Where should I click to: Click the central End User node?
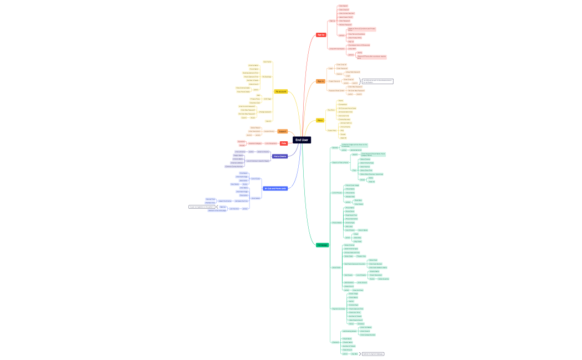(x=302, y=140)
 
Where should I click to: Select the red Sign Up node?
(x=321, y=35)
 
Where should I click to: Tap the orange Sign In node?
(x=321, y=81)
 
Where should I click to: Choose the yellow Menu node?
(x=320, y=120)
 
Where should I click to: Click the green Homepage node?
(x=322, y=245)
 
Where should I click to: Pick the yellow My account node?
(x=281, y=91)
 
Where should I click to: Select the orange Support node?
(x=282, y=131)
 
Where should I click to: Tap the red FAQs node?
(x=283, y=143)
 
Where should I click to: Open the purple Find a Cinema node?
(x=280, y=156)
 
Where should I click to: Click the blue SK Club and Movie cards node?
(x=274, y=188)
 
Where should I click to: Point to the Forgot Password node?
(x=334, y=81)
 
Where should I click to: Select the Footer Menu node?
(x=332, y=130)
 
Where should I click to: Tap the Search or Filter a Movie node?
(x=340, y=163)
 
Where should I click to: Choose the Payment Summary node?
(x=338, y=308)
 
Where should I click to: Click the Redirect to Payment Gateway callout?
(x=372, y=353)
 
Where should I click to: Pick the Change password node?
(x=265, y=112)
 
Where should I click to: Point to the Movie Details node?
(x=336, y=223)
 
